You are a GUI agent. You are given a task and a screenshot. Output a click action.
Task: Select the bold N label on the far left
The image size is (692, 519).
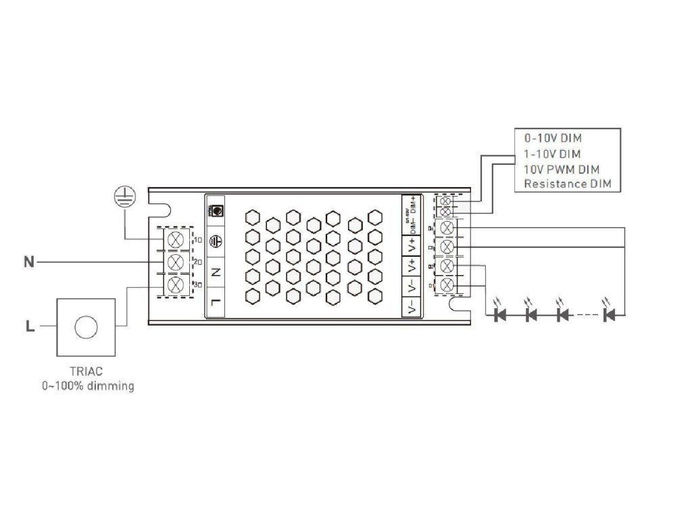[29, 262]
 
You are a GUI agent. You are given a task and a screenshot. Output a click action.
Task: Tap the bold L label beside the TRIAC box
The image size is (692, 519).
[29, 328]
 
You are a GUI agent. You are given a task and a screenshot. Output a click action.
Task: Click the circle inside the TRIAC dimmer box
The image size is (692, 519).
[86, 328]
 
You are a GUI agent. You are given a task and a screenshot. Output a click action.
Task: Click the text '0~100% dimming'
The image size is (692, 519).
[87, 387]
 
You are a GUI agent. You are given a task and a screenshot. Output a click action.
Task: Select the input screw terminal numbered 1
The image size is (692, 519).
[176, 239]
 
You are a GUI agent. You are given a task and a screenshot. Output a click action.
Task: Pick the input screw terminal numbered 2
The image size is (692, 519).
[176, 262]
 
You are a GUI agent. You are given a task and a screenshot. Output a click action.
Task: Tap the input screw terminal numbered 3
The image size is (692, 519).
[176, 285]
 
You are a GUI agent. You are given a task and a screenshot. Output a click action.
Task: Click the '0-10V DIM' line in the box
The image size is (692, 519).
[553, 139]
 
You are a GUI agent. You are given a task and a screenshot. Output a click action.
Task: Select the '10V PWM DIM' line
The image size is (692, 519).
[561, 169]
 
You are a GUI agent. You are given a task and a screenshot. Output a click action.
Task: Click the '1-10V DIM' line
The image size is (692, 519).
[552, 153]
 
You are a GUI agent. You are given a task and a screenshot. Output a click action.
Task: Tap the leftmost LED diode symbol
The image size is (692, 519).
[501, 314]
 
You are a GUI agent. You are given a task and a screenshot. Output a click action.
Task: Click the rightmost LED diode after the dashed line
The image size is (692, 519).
[610, 314]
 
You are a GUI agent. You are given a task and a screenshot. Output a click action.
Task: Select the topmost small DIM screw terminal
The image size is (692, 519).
[445, 201]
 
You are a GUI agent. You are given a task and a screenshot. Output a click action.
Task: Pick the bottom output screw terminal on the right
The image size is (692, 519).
[446, 287]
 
